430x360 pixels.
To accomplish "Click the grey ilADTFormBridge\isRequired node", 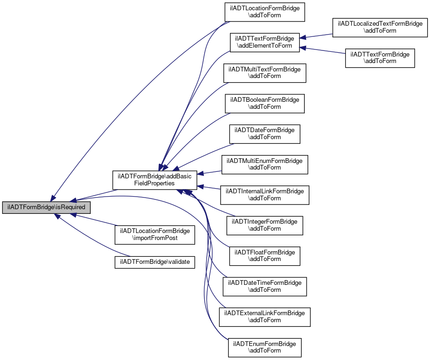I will point(46,207).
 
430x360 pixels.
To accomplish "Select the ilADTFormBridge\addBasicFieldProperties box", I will point(154,180).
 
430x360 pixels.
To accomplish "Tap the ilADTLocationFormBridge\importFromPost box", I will point(155,234).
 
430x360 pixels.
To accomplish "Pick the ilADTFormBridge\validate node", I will point(155,262).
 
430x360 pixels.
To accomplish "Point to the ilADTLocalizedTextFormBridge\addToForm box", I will point(380,27).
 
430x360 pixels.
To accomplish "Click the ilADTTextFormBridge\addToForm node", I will point(380,58).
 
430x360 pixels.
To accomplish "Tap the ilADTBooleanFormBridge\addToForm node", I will point(265,103).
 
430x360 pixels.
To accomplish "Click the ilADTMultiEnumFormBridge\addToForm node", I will point(265,164).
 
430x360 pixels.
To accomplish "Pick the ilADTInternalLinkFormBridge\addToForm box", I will point(265,195).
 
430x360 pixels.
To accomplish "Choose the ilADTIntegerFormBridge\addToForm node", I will point(265,225).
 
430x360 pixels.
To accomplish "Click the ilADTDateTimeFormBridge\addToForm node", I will point(265,286).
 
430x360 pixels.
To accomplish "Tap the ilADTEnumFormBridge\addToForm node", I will point(265,347).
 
